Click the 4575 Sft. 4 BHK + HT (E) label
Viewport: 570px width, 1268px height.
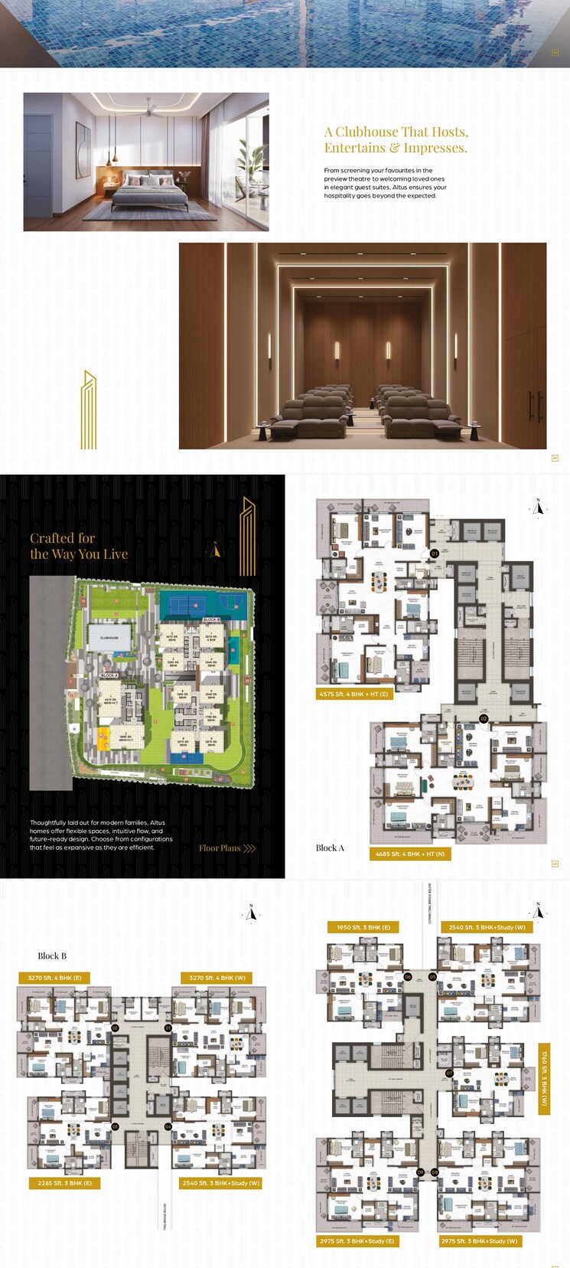pyautogui.click(x=353, y=694)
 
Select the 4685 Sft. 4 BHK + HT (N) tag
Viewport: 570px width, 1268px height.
pyautogui.click(x=410, y=854)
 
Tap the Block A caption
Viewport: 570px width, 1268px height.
pyautogui.click(x=330, y=848)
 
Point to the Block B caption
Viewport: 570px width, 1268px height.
pyautogui.click(x=52, y=956)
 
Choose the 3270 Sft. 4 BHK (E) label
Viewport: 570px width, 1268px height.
pyautogui.click(x=54, y=978)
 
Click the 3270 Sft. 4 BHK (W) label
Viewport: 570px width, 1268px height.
pyautogui.click(x=217, y=978)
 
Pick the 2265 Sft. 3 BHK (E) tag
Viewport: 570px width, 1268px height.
pyautogui.click(x=64, y=1183)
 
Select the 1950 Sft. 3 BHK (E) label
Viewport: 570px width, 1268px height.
pyautogui.click(x=363, y=927)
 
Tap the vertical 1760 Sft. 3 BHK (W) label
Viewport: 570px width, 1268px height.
pyautogui.click(x=544, y=1079)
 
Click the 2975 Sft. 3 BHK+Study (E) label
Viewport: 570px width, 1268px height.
pyautogui.click(x=357, y=1241)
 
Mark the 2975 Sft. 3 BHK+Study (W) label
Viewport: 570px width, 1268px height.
pyautogui.click(x=480, y=1241)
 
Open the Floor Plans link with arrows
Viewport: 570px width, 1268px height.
pyautogui.click(x=227, y=848)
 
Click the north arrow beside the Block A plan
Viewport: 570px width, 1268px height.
pyautogui.click(x=539, y=507)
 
